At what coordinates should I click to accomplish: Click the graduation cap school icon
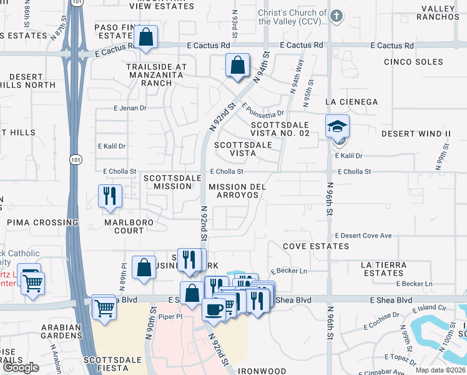coord(337,127)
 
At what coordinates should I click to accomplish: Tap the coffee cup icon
coord(214,309)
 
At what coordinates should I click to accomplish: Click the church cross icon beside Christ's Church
coord(337,16)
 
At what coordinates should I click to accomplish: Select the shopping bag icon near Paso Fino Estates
coord(145,37)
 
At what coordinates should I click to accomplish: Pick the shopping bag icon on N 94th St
coord(237,65)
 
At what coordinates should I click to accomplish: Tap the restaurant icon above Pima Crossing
coord(110,196)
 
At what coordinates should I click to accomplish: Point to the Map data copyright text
coord(440,370)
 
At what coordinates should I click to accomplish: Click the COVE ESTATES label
coord(316,246)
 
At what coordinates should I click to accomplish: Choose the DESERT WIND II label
coord(416,134)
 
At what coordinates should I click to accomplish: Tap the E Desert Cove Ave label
coord(363,236)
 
